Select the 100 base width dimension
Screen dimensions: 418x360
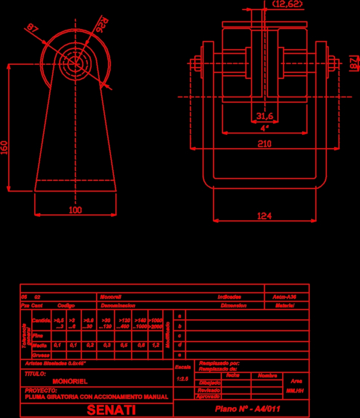tap(75, 210)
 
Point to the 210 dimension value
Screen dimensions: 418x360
tap(265, 144)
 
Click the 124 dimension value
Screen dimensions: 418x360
tap(264, 216)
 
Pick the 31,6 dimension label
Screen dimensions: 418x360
tap(265, 117)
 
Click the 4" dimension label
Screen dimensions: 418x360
tap(264, 128)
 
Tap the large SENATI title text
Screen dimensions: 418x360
tap(111, 410)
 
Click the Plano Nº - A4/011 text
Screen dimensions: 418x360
tap(247, 409)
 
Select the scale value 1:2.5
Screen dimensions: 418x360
tap(182, 379)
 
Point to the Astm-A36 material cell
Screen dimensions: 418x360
tap(284, 297)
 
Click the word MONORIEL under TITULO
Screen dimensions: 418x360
tap(70, 382)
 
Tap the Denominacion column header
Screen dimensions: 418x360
tap(118, 306)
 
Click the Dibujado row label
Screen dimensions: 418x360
tap(210, 383)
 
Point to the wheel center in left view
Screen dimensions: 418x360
tap(76, 64)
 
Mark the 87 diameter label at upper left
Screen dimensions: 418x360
tap(32, 28)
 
